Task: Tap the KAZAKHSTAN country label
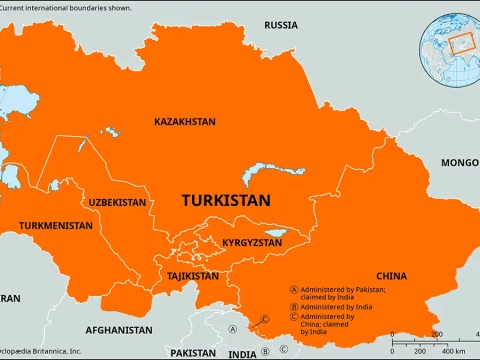[184, 121]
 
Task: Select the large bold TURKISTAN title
[226, 200]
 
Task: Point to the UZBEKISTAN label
[117, 202]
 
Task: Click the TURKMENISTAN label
[56, 225]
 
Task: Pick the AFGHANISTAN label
[119, 329]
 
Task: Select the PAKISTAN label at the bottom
[192, 353]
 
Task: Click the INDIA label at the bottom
[241, 353]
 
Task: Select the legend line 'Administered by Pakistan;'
[340, 287]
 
